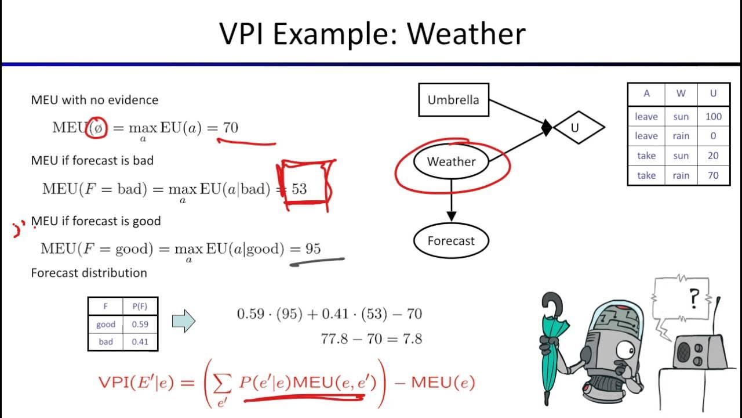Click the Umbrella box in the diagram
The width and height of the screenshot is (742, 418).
(x=453, y=100)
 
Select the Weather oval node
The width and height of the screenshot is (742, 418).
(x=451, y=162)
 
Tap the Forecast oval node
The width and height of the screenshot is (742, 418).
(x=451, y=241)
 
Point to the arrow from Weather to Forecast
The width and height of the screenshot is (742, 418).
(x=452, y=201)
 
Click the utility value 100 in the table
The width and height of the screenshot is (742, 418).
(x=713, y=117)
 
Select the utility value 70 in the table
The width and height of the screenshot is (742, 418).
(x=713, y=175)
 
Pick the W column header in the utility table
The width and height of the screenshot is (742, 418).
(x=681, y=93)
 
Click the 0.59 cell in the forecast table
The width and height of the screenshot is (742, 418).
(x=140, y=325)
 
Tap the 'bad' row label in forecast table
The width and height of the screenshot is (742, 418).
(x=106, y=342)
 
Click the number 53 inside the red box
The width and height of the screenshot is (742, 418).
(x=299, y=189)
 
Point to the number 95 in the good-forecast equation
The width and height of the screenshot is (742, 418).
(x=313, y=249)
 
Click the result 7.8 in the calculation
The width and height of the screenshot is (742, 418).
(x=412, y=338)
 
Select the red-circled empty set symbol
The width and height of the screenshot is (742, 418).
(x=97, y=128)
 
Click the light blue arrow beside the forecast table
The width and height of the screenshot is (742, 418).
(x=184, y=321)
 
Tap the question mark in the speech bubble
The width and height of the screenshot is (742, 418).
(x=693, y=300)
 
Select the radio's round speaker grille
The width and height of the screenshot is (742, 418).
(x=685, y=351)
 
